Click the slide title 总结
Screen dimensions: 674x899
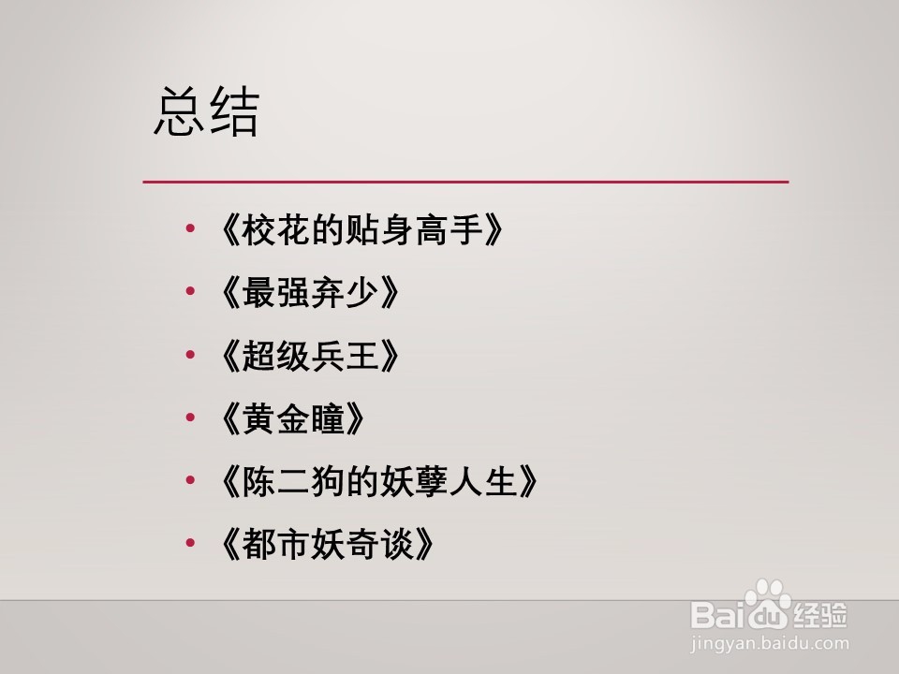click(x=206, y=113)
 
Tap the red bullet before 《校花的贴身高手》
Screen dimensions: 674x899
click(x=191, y=230)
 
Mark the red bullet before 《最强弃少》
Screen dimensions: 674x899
click(x=191, y=293)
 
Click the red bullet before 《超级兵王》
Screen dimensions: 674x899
click(x=191, y=356)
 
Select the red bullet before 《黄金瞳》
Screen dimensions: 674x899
click(x=191, y=418)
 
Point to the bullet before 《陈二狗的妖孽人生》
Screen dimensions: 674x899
click(x=191, y=481)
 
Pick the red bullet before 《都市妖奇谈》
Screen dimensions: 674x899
click(x=191, y=544)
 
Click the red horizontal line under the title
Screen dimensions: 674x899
click(x=465, y=181)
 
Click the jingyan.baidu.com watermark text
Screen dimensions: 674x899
click(x=768, y=644)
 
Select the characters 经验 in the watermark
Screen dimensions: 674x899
click(x=822, y=615)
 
